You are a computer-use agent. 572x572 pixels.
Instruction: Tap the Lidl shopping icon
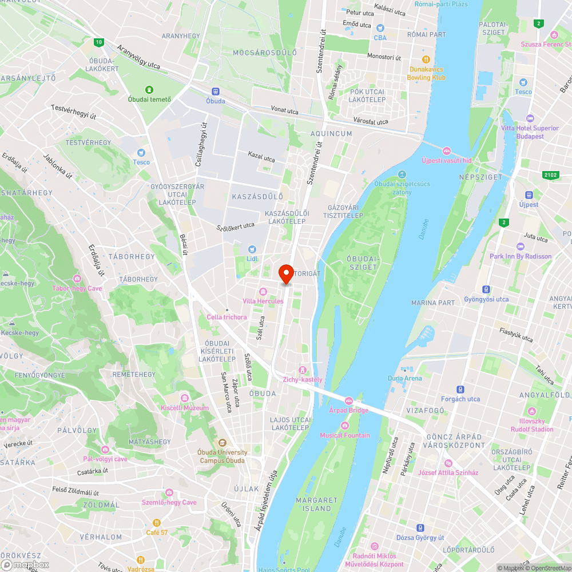(252, 249)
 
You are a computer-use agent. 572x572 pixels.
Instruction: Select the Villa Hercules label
(263, 301)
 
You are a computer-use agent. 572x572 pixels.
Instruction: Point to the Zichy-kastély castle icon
(303, 370)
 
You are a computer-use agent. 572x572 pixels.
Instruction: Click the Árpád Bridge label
(349, 410)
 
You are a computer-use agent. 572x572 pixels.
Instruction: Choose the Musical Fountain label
(344, 435)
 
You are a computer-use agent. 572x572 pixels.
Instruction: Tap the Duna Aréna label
(404, 378)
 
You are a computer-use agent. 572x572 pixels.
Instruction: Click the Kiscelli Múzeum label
(185, 408)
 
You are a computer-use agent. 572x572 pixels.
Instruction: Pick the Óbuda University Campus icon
(222, 443)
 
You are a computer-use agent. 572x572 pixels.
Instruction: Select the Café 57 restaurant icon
(156, 523)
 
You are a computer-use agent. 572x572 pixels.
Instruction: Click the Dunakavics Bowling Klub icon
(426, 59)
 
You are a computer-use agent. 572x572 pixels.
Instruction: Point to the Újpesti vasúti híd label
(446, 161)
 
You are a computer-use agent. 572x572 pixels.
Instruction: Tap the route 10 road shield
(99, 42)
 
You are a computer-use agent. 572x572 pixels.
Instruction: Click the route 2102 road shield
(550, 174)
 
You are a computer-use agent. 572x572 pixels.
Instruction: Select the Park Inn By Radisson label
(521, 256)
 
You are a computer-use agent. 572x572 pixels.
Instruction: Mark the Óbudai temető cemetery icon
(149, 90)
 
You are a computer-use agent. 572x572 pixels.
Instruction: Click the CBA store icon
(381, 27)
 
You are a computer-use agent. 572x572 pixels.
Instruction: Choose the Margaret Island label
(313, 504)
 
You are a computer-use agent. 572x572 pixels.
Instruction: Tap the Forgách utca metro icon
(460, 390)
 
